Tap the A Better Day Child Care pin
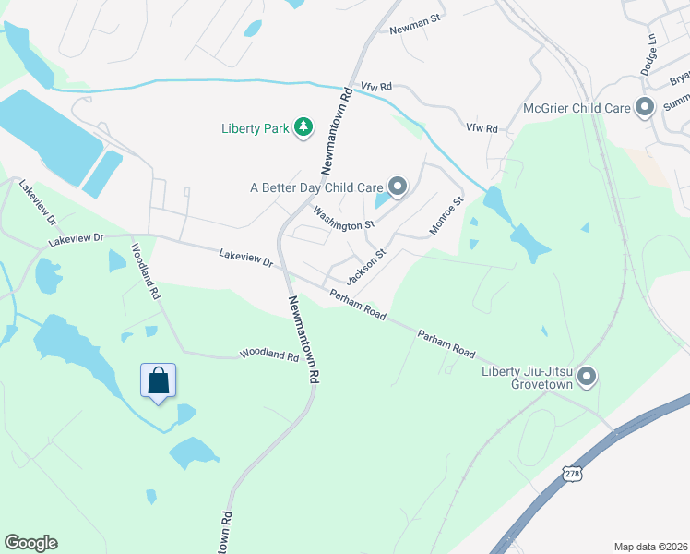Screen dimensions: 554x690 click(398, 187)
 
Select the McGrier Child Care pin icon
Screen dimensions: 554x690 click(645, 108)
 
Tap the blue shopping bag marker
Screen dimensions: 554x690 click(158, 380)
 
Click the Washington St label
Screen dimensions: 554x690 click(343, 218)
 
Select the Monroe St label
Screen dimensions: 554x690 click(446, 214)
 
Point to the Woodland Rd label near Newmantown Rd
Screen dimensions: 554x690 click(269, 355)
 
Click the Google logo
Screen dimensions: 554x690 click(30, 543)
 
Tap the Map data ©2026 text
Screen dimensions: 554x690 click(649, 547)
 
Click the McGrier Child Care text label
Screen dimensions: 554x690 click(577, 108)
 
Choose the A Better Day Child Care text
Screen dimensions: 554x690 click(316, 187)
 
